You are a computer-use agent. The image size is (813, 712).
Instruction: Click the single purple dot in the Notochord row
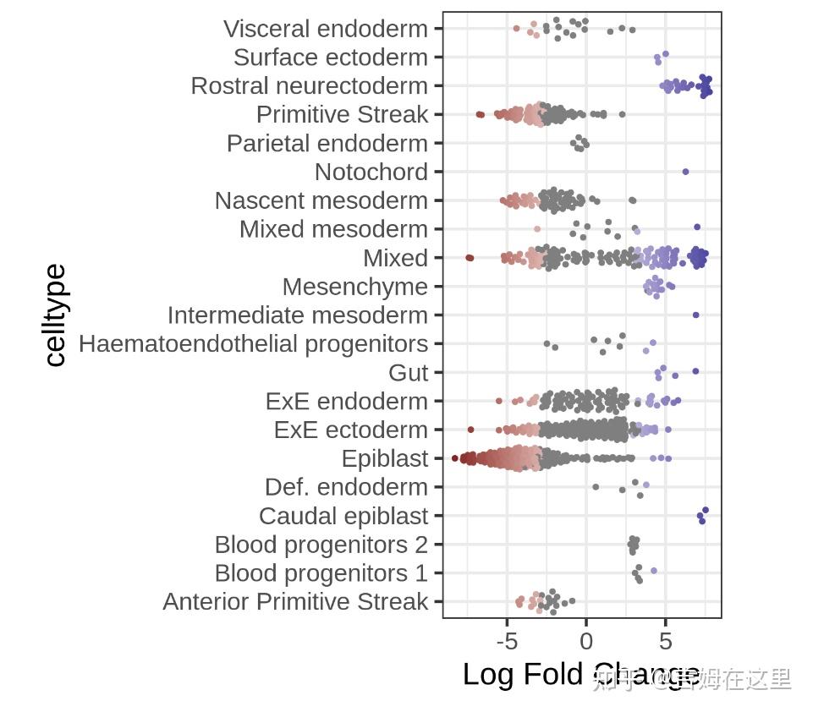click(x=685, y=172)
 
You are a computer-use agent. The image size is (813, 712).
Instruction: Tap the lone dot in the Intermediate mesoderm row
click(x=695, y=315)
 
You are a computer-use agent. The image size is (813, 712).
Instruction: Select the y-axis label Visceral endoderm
click(x=326, y=29)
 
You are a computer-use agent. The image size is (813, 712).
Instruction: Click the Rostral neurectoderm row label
click(x=310, y=86)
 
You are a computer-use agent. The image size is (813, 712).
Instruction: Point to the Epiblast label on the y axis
click(x=384, y=459)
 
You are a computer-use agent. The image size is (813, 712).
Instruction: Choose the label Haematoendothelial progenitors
click(x=253, y=344)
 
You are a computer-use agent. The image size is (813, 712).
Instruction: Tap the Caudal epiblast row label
click(x=343, y=516)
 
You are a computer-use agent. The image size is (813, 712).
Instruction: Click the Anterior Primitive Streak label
click(x=295, y=602)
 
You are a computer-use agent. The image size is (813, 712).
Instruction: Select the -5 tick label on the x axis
click(x=507, y=640)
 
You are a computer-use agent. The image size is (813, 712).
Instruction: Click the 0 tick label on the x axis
click(x=586, y=640)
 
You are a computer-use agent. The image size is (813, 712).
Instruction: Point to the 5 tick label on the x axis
click(x=666, y=640)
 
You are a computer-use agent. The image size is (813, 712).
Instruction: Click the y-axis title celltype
click(x=55, y=315)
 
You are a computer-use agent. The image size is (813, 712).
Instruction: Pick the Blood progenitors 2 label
click(x=321, y=545)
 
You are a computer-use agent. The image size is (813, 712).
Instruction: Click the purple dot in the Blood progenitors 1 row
click(x=654, y=571)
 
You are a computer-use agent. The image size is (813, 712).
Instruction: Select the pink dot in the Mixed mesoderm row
click(x=537, y=229)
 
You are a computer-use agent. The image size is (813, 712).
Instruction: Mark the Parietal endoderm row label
click(x=327, y=144)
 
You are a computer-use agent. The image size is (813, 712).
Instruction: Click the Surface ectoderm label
click(x=331, y=58)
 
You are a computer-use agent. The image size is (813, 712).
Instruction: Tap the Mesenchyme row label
click(x=355, y=287)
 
